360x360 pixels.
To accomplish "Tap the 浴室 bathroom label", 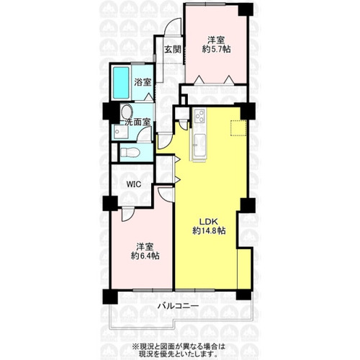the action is pos(143,82).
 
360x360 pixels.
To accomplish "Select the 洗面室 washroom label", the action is pos(137,122).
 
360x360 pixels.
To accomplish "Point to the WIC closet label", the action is pos(133,184).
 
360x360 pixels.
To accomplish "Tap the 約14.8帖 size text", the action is pos(209,231).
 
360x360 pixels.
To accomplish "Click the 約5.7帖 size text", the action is pos(217,49).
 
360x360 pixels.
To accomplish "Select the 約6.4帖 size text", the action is pos(145,256).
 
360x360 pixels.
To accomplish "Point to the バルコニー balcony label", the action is pos(178,306).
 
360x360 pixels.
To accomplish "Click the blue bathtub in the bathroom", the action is pos(121,83).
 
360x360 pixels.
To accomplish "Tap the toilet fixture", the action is pos(130,152).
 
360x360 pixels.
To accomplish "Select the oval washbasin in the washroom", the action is pos(126,112).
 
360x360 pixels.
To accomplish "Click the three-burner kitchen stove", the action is pos(199,116).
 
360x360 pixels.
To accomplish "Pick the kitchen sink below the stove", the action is pos(199,145).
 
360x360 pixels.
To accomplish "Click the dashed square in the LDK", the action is pos(238,128).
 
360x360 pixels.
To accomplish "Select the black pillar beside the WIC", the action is pos(110,204).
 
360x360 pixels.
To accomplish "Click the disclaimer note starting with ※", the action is pos(178,350).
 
